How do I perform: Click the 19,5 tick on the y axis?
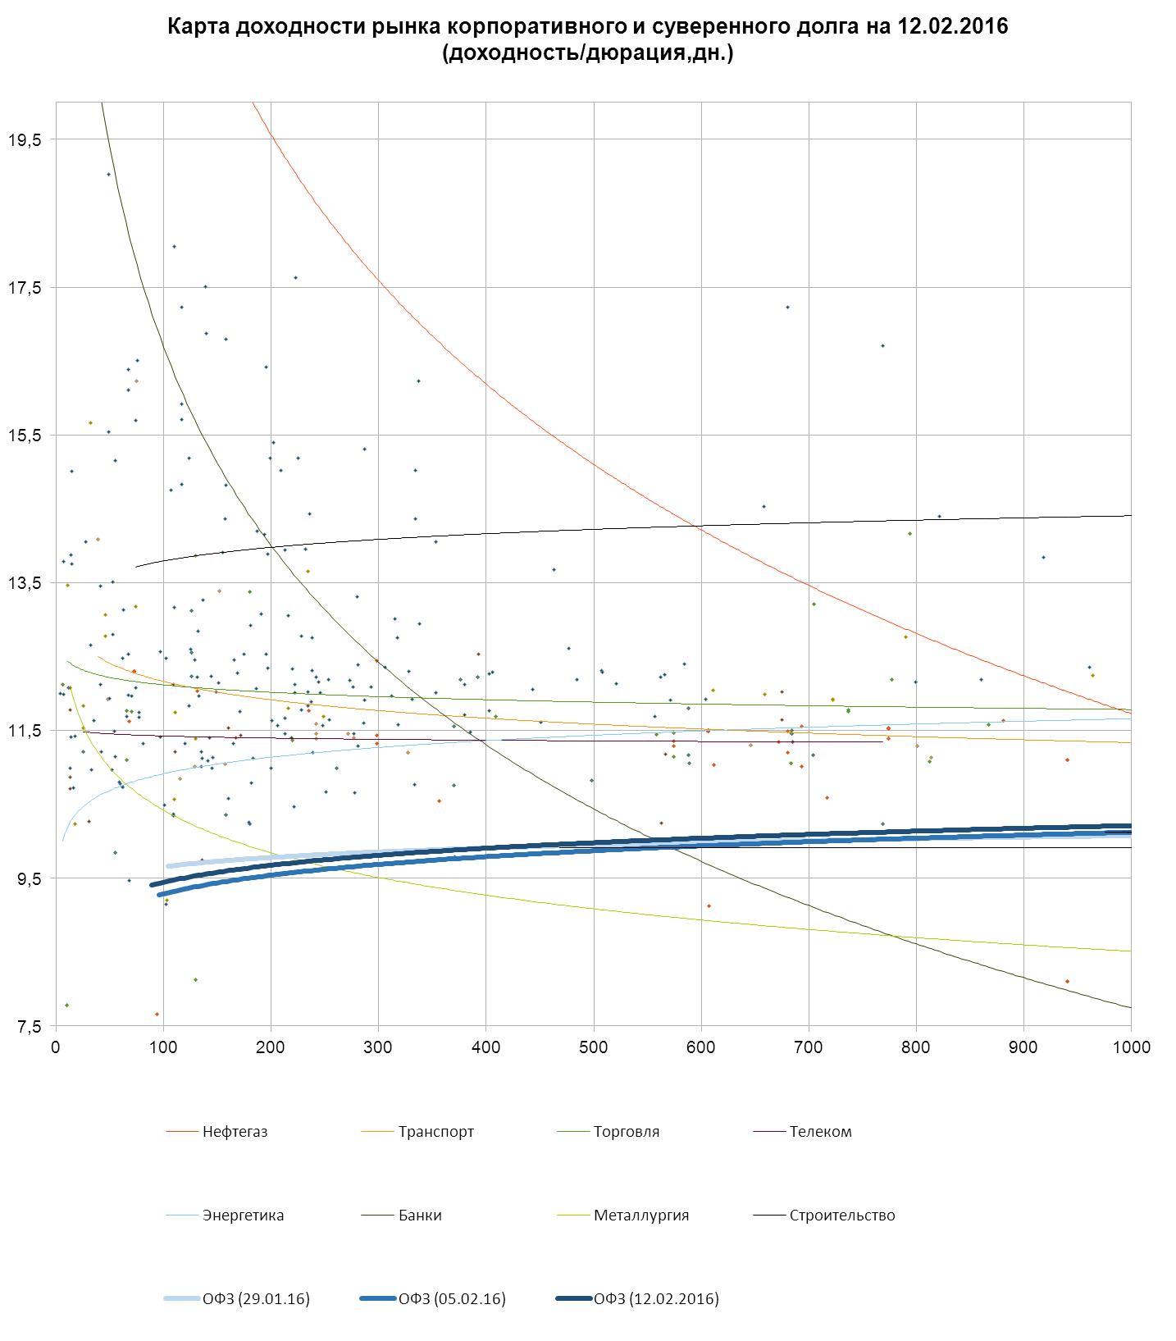[25, 140]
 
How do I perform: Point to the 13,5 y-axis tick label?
[25, 583]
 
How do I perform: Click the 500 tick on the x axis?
[594, 1047]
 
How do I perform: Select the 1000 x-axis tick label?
[1131, 1047]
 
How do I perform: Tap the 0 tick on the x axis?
[56, 1047]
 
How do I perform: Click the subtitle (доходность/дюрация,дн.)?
[587, 53]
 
